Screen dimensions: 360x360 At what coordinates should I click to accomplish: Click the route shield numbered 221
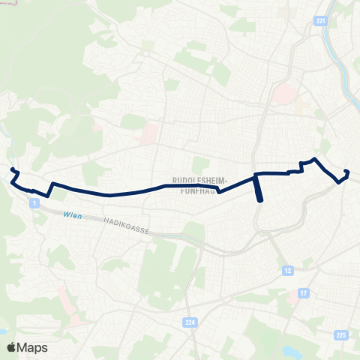coord(321,22)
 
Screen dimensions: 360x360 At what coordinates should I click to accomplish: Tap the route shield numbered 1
coord(34,203)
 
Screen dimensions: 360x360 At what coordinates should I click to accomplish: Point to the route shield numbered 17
coord(303,292)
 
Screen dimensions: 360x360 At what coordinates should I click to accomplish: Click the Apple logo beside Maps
coord(11,347)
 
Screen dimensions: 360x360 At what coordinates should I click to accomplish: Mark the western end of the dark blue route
coord(12,170)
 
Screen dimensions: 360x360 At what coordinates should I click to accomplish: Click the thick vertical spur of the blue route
coord(259,189)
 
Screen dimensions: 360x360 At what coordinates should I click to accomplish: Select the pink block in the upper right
coord(286,94)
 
